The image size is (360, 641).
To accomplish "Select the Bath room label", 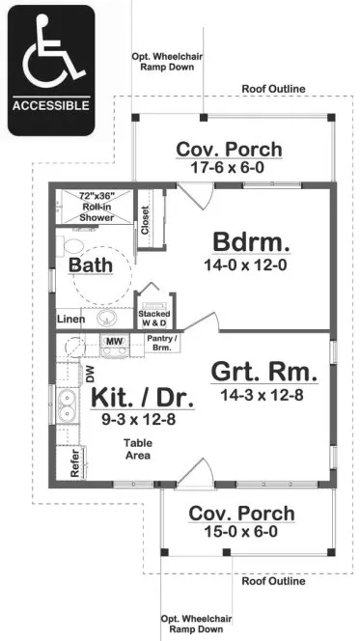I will (89, 265).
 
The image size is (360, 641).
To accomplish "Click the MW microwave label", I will (114, 342).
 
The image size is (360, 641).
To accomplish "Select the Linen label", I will (70, 319).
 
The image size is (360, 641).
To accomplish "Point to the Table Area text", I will (136, 449).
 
